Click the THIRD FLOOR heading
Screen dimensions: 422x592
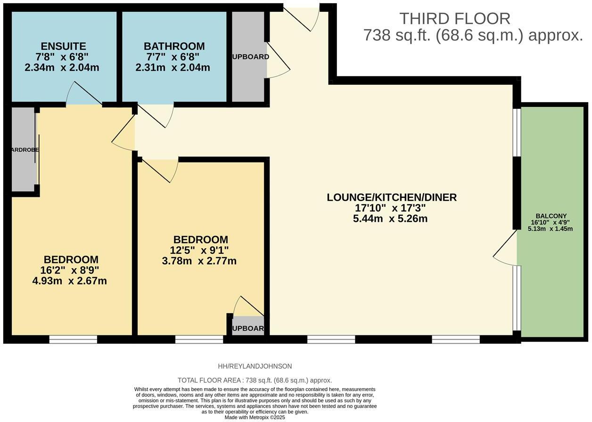click(x=454, y=19)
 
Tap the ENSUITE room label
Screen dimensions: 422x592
click(x=63, y=46)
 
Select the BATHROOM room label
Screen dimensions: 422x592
click(x=174, y=46)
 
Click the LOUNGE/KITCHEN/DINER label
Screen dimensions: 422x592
click(x=391, y=197)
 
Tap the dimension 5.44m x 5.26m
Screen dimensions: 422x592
click(x=390, y=219)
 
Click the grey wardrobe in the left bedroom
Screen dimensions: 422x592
click(x=23, y=150)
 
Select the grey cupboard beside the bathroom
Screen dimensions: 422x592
click(x=248, y=57)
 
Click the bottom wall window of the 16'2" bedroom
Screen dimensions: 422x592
click(x=73, y=339)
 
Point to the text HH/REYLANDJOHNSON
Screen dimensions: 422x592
click(x=255, y=366)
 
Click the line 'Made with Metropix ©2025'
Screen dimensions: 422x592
click(x=255, y=417)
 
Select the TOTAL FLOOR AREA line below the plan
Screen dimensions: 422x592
click(x=255, y=380)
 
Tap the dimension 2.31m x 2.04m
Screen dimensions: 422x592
click(x=173, y=67)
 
